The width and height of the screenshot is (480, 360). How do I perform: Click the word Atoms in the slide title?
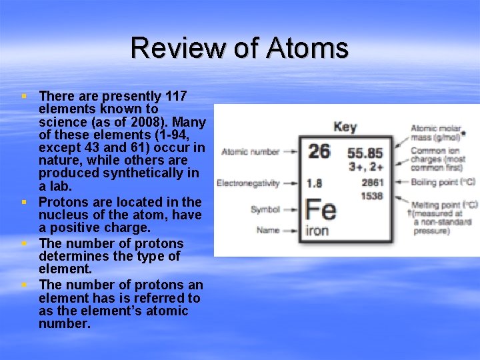pos(307,48)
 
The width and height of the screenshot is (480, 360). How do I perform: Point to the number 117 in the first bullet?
pos(175,97)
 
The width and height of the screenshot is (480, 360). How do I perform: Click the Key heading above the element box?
pos(345,127)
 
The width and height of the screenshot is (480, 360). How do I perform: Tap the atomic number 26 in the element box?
pos(319,151)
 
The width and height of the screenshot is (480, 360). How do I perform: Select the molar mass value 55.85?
pos(365,153)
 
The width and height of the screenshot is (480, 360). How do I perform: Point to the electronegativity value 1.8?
pos(314,183)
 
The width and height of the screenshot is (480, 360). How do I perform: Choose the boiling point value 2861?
pos(372,182)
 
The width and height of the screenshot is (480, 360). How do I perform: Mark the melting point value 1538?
pos(372,195)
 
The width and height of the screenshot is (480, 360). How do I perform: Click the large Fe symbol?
pos(320,210)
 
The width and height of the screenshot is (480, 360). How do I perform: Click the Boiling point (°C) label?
pos(442,181)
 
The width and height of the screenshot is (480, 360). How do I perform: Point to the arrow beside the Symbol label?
pos(292,209)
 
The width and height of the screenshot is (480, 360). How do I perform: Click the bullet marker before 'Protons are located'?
pos(24,202)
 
